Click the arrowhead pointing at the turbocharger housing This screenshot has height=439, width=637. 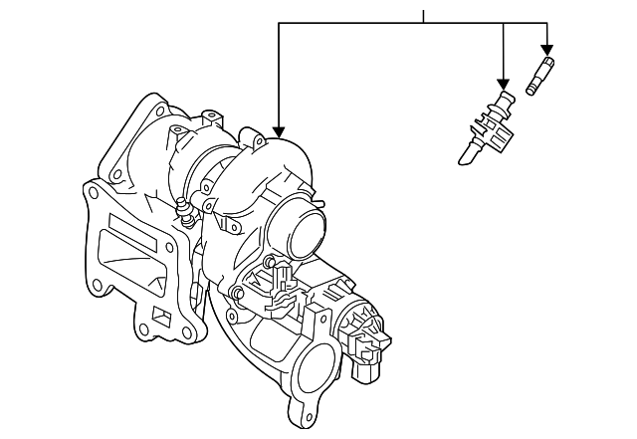(x=278, y=132)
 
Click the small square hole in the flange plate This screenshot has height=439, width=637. (x=160, y=318)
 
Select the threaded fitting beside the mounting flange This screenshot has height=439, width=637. (x=181, y=212)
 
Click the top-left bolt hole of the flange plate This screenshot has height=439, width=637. (x=96, y=197)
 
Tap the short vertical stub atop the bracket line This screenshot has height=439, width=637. (x=424, y=15)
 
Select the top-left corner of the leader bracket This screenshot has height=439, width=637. (x=279, y=23)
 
